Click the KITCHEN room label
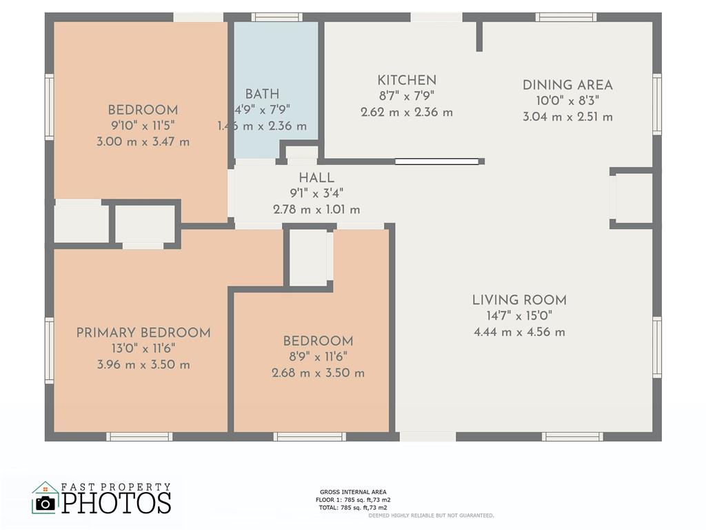tap(407, 80)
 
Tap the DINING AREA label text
tap(567, 85)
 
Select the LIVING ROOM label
tap(519, 300)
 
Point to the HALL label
tap(316, 177)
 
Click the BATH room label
tap(262, 94)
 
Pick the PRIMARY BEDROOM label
tap(143, 333)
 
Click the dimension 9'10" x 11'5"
tap(143, 126)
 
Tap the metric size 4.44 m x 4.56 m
tap(519, 332)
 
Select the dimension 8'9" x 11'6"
tap(318, 357)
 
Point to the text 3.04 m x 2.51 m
tap(567, 117)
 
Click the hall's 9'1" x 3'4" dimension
tap(316, 193)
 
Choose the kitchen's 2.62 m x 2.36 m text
tap(407, 112)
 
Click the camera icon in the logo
tap(45, 503)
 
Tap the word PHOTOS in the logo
tap(116, 502)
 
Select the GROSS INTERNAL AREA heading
tap(353, 492)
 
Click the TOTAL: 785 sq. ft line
tap(353, 507)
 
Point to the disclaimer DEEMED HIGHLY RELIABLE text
tap(431, 515)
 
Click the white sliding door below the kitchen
tap(436, 161)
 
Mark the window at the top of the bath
tap(276, 17)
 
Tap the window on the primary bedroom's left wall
tap(49, 350)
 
